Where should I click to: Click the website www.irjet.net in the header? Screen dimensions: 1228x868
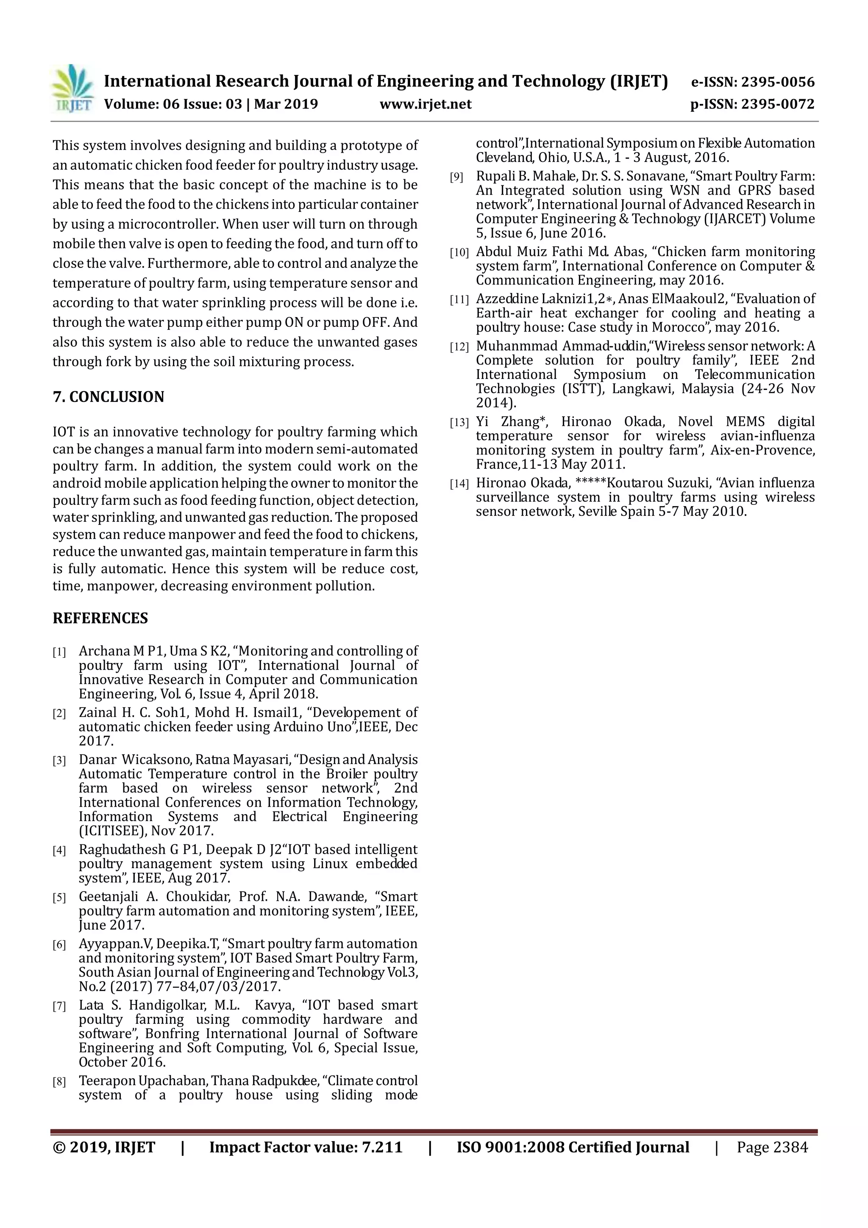coord(425,104)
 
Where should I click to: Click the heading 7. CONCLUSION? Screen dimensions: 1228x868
coord(108,397)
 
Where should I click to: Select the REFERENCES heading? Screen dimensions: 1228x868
coord(100,618)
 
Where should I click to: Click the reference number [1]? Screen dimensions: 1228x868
coord(59,652)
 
